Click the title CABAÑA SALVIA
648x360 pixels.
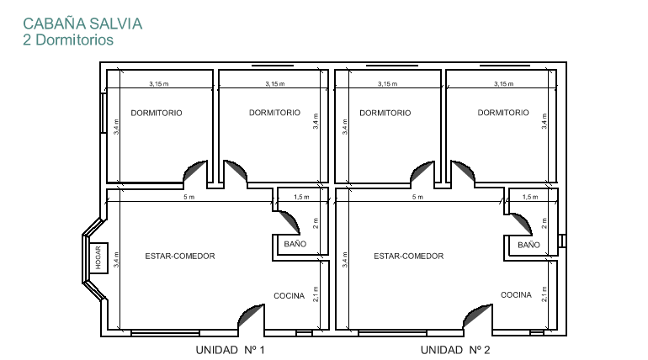pyautogui.click(x=82, y=24)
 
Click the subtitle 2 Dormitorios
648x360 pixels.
pyautogui.click(x=68, y=40)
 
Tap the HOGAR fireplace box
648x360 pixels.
pyautogui.click(x=98, y=257)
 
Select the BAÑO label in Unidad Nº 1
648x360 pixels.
pyautogui.click(x=295, y=244)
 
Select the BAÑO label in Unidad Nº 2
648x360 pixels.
pyautogui.click(x=528, y=245)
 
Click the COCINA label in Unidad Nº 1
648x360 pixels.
pyautogui.click(x=289, y=295)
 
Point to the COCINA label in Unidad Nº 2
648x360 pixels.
pyautogui.click(x=516, y=294)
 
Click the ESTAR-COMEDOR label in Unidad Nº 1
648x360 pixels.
pyautogui.click(x=180, y=256)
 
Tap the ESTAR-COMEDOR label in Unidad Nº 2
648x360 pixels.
pyautogui.click(x=409, y=256)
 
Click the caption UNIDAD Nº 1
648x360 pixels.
pyautogui.click(x=231, y=350)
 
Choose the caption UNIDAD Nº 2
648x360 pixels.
pyautogui.click(x=455, y=350)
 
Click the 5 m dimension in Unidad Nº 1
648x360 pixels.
pyautogui.click(x=189, y=197)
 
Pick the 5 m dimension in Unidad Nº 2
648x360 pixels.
pyautogui.click(x=417, y=197)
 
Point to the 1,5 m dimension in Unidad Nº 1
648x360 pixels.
pyautogui.click(x=301, y=197)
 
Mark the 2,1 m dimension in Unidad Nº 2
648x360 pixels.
pyautogui.click(x=544, y=294)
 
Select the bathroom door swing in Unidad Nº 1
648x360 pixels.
pyautogui.click(x=291, y=220)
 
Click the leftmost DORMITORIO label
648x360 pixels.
pyautogui.click(x=157, y=113)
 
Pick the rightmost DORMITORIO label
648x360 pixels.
pyautogui.click(x=503, y=113)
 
